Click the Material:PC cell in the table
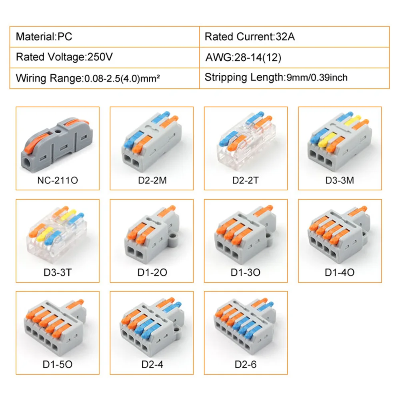tap(44, 37)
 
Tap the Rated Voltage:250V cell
tap(64, 57)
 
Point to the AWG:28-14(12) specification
tap(243, 58)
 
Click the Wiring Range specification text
tap(88, 78)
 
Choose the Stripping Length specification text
tap(276, 77)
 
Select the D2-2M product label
tap(152, 180)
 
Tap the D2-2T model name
tap(246, 180)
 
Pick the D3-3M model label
tap(340, 180)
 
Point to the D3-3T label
tap(57, 273)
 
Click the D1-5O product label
tap(57, 365)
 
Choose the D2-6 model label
tap(246, 365)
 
